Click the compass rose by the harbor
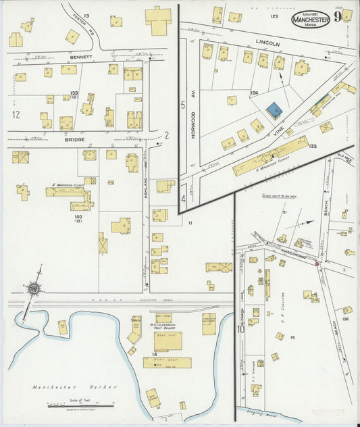point(32,289)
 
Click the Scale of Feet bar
point(71,405)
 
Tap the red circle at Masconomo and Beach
point(317,263)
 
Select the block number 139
point(74,93)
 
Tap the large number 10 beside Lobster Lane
point(240,330)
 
